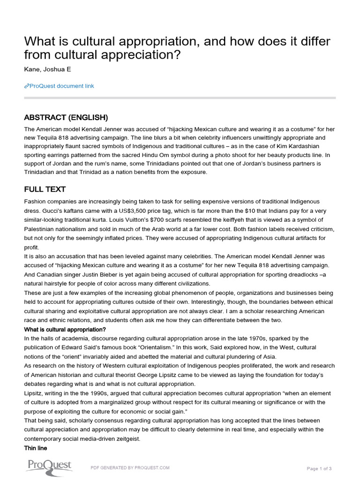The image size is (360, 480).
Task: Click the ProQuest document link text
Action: point(61,86)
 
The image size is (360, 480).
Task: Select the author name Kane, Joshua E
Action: point(48,70)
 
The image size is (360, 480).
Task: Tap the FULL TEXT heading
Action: point(45,189)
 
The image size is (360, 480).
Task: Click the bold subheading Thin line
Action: point(36,448)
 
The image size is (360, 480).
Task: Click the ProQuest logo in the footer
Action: point(49,466)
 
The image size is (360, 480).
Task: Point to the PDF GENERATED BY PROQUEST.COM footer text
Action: point(130,467)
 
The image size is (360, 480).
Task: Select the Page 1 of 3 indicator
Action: point(319,468)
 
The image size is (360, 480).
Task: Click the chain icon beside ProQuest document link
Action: point(26,86)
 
